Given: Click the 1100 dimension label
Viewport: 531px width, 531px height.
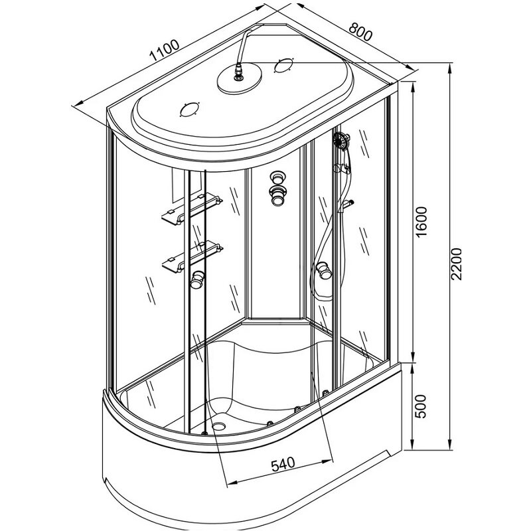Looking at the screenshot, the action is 165,50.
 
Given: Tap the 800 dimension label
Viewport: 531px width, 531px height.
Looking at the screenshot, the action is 360,31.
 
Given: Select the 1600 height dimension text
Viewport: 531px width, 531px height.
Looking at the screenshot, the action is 421,222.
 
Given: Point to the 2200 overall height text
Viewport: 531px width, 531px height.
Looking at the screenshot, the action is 456,264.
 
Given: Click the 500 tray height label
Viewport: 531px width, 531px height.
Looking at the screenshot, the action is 420,406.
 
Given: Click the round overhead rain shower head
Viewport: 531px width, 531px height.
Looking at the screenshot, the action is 240,79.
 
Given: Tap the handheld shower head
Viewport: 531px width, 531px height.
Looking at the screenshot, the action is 341,140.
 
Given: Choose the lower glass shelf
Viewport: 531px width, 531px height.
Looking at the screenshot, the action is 192,256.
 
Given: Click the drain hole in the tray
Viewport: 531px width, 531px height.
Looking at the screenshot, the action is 219,424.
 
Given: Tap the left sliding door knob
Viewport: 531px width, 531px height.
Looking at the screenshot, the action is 197,279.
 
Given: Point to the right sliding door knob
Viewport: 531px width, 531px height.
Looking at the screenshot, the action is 324,270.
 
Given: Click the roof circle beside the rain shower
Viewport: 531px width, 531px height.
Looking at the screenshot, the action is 283,65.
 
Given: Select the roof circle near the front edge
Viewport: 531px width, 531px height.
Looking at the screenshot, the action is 189,110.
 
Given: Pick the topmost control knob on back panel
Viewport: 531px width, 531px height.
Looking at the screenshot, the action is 278,177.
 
